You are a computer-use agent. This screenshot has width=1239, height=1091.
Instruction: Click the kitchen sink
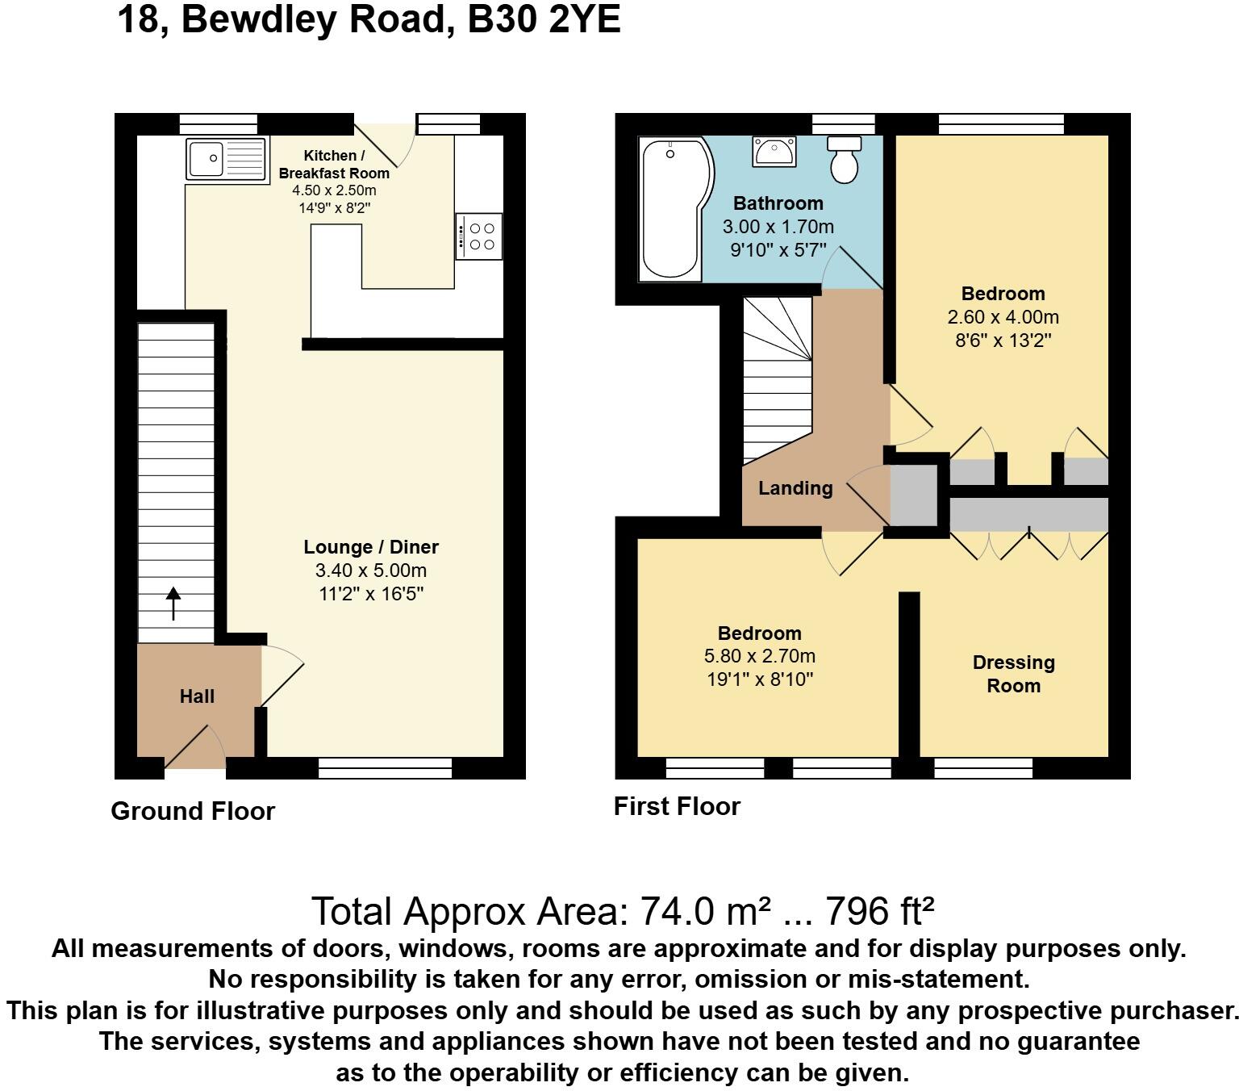227,158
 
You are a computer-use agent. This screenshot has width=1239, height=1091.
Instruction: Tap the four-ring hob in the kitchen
479,236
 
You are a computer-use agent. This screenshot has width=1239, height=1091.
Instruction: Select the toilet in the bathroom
845,159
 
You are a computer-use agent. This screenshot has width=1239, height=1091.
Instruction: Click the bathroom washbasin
774,151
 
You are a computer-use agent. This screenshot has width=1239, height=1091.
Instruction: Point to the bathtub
671,210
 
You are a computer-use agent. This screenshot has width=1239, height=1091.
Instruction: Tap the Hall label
197,696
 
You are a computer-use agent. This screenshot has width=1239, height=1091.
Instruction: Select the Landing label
795,488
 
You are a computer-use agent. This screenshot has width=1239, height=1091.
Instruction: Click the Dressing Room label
1013,674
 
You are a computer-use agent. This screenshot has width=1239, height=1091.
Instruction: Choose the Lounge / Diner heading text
371,547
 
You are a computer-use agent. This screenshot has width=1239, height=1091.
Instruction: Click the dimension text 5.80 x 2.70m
760,656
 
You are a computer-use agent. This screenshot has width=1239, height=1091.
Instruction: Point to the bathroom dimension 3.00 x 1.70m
778,227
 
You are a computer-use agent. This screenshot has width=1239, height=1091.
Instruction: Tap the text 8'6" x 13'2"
1003,341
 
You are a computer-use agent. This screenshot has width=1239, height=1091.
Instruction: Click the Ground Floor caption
193,811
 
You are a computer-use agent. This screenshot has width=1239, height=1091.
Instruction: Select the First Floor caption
677,806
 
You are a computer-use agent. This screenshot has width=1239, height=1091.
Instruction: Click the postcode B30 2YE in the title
544,19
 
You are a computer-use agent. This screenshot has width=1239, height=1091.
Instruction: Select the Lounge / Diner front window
385,768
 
